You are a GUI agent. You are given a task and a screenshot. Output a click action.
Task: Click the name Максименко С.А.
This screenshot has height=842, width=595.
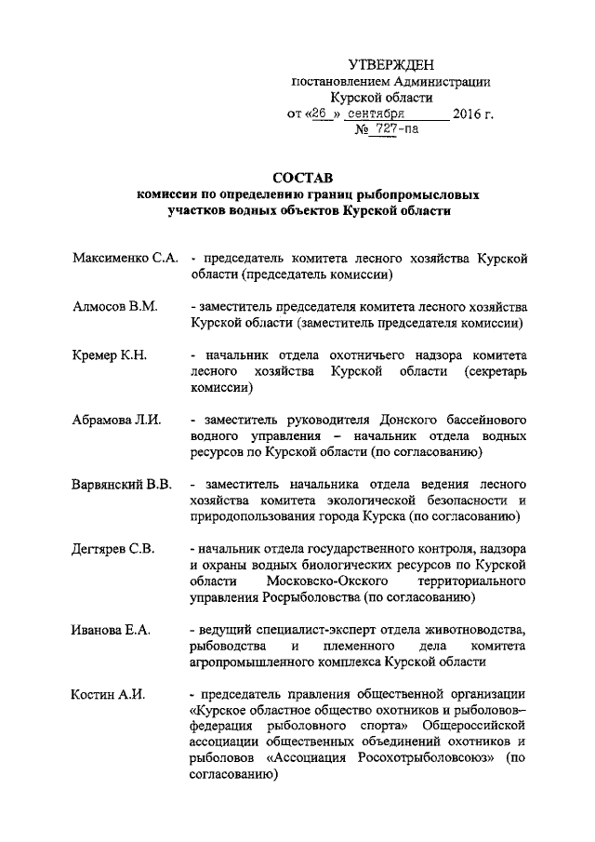(125, 257)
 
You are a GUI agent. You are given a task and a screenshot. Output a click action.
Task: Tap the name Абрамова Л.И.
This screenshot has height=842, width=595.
(117, 419)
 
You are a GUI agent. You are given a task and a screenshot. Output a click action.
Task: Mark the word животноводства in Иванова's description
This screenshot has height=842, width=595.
(469, 629)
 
